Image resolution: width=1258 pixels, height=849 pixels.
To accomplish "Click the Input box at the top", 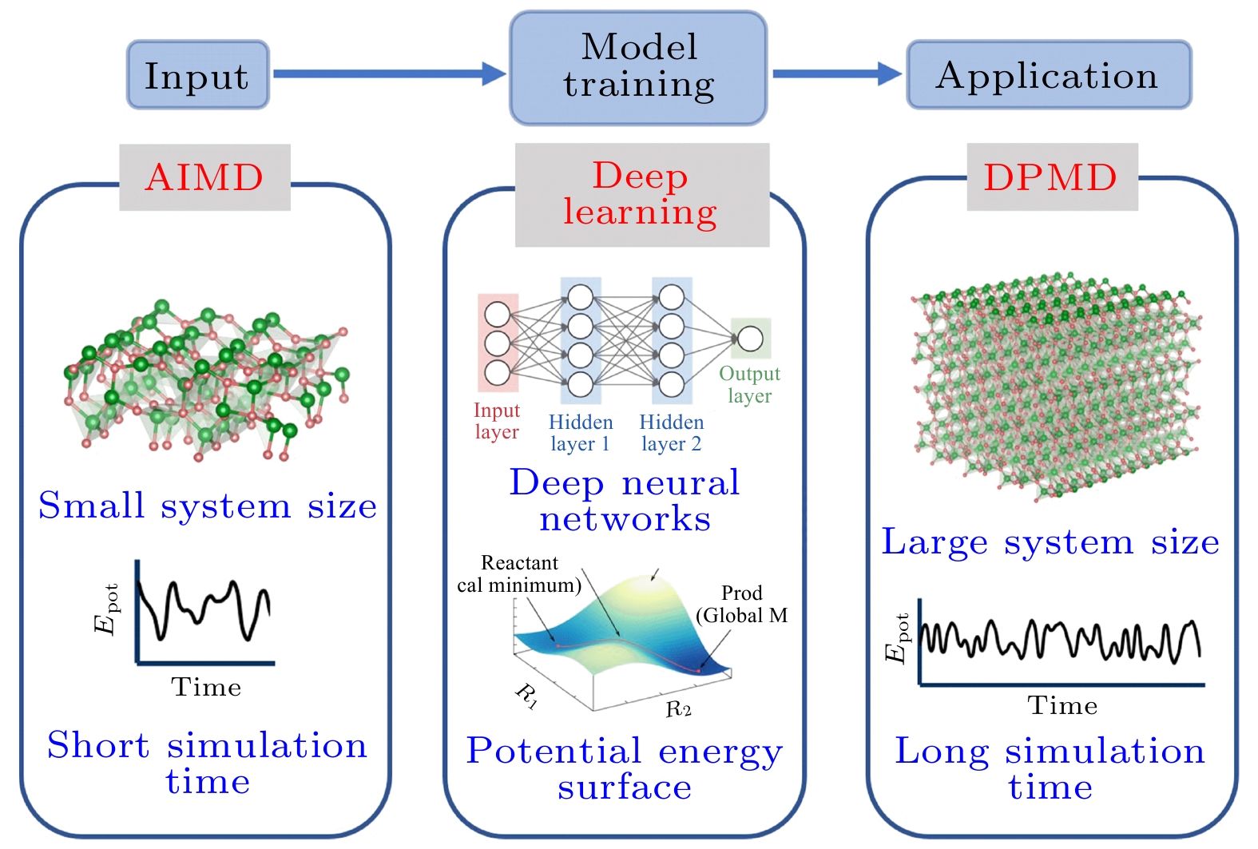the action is tap(198, 75).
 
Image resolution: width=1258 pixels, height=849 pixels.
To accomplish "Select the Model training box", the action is tap(638, 68).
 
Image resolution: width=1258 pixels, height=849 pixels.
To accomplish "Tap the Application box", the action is tap(1049, 75).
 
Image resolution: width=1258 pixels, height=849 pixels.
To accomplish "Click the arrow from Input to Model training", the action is tap(390, 73).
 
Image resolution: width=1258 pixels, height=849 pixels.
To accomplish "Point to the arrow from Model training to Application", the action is tap(837, 73).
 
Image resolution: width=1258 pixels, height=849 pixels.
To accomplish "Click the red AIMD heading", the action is tap(204, 177).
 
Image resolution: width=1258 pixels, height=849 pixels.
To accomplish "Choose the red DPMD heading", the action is tap(1051, 177).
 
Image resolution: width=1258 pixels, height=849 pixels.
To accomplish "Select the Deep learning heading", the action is tap(641, 194).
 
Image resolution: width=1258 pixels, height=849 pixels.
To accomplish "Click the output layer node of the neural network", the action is tap(750, 339).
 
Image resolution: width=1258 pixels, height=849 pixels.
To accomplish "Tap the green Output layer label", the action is tap(750, 385).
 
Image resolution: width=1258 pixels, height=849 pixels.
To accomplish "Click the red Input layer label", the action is tap(497, 421).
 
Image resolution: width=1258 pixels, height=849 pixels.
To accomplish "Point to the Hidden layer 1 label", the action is tap(581, 433).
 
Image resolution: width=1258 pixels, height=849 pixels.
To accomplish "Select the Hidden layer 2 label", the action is tap(672, 433).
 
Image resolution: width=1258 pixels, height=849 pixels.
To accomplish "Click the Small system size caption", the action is tap(207, 505).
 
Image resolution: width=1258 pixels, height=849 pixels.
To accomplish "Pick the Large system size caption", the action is tap(1050, 542).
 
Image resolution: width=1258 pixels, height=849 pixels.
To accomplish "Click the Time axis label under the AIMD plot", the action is tap(206, 688).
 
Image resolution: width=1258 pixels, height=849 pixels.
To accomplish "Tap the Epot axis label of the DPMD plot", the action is tap(897, 638).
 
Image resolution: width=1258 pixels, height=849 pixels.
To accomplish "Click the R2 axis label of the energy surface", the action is tap(679, 709).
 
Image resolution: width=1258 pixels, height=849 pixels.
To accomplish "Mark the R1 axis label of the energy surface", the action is tap(527, 696).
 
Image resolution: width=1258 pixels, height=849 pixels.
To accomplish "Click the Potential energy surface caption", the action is tap(625, 768).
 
